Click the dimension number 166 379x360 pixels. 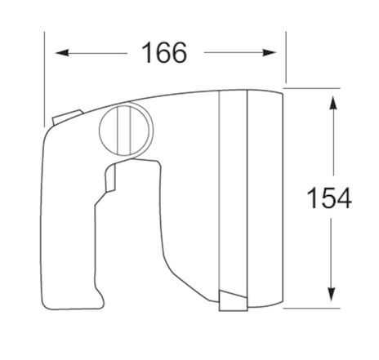click(x=163, y=53)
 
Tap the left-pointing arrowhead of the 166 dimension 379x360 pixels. click(x=59, y=53)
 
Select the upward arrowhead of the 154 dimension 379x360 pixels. click(x=331, y=101)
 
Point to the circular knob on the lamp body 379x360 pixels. click(x=124, y=131)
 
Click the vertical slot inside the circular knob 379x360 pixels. click(x=123, y=131)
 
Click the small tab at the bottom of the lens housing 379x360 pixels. click(x=232, y=303)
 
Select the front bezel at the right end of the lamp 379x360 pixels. click(x=265, y=196)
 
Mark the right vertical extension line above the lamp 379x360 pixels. click(x=286, y=57)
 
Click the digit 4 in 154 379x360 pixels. click(x=343, y=198)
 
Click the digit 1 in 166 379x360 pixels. click(x=146, y=53)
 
